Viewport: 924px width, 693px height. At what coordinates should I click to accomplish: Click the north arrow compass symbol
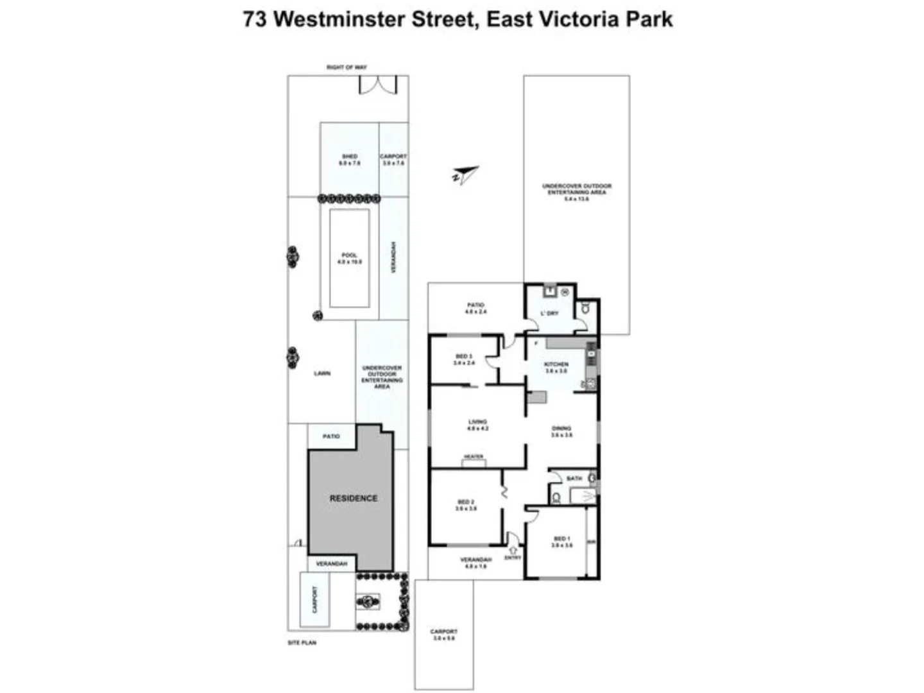(x=465, y=175)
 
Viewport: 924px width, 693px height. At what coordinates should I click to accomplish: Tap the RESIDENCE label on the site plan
(x=353, y=498)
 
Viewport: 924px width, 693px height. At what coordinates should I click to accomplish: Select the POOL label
(x=349, y=255)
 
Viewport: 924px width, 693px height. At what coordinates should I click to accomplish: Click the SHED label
(x=350, y=157)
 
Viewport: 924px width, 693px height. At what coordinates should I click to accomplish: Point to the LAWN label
(x=322, y=373)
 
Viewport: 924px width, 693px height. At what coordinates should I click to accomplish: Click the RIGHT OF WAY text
(x=346, y=67)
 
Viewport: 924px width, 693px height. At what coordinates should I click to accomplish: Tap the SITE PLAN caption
(x=302, y=642)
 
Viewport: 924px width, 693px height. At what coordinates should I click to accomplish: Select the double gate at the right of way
(x=378, y=85)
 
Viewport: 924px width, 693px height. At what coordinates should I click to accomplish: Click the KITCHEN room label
(x=556, y=364)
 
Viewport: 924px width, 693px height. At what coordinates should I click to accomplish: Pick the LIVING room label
(x=477, y=422)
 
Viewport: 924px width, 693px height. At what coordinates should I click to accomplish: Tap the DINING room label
(x=561, y=428)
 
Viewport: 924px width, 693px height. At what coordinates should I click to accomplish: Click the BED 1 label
(x=561, y=538)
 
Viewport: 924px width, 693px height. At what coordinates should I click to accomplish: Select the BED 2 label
(x=466, y=502)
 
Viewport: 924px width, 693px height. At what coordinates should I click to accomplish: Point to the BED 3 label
(x=464, y=356)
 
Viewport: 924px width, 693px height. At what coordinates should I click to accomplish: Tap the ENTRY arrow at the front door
(x=513, y=550)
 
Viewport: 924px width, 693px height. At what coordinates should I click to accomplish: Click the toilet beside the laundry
(x=585, y=309)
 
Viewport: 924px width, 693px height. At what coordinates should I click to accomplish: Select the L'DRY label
(x=549, y=313)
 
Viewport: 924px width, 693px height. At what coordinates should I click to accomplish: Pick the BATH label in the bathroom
(x=574, y=478)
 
